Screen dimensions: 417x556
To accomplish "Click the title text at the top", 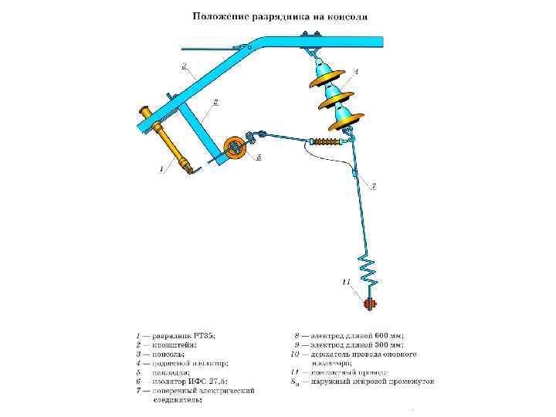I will pyautogui.click(x=280, y=15).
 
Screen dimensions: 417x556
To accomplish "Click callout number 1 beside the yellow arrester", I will pyautogui.click(x=161, y=168).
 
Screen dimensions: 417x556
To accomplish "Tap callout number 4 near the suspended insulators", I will pyautogui.click(x=356, y=71).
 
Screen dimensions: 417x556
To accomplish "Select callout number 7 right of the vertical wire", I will pyautogui.click(x=374, y=186).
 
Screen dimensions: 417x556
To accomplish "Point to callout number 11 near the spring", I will pyautogui.click(x=346, y=280).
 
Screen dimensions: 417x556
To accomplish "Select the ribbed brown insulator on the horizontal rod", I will pyautogui.click(x=325, y=142).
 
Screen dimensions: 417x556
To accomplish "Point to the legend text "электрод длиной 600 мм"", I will pyautogui.click(x=355, y=336).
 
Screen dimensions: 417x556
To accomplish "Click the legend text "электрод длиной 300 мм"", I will pyautogui.click(x=355, y=345).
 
